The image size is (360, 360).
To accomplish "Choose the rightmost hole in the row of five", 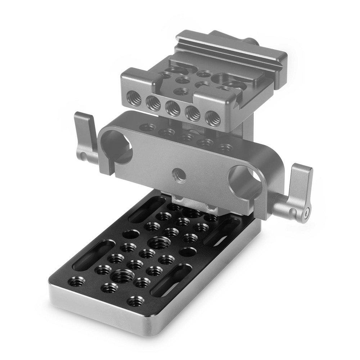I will point(212,119).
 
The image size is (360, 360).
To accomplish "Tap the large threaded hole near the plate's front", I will point(122,276).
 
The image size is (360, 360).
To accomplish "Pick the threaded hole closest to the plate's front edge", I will point(135,301).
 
